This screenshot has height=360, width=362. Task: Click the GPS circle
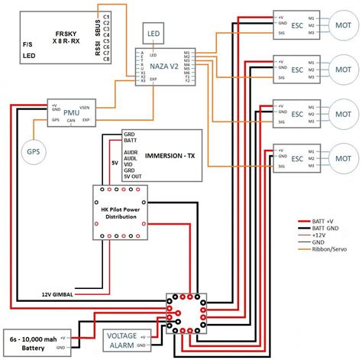point(34,151)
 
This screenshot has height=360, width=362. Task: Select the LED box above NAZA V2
point(154,34)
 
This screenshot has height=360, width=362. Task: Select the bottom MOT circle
point(341,159)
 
